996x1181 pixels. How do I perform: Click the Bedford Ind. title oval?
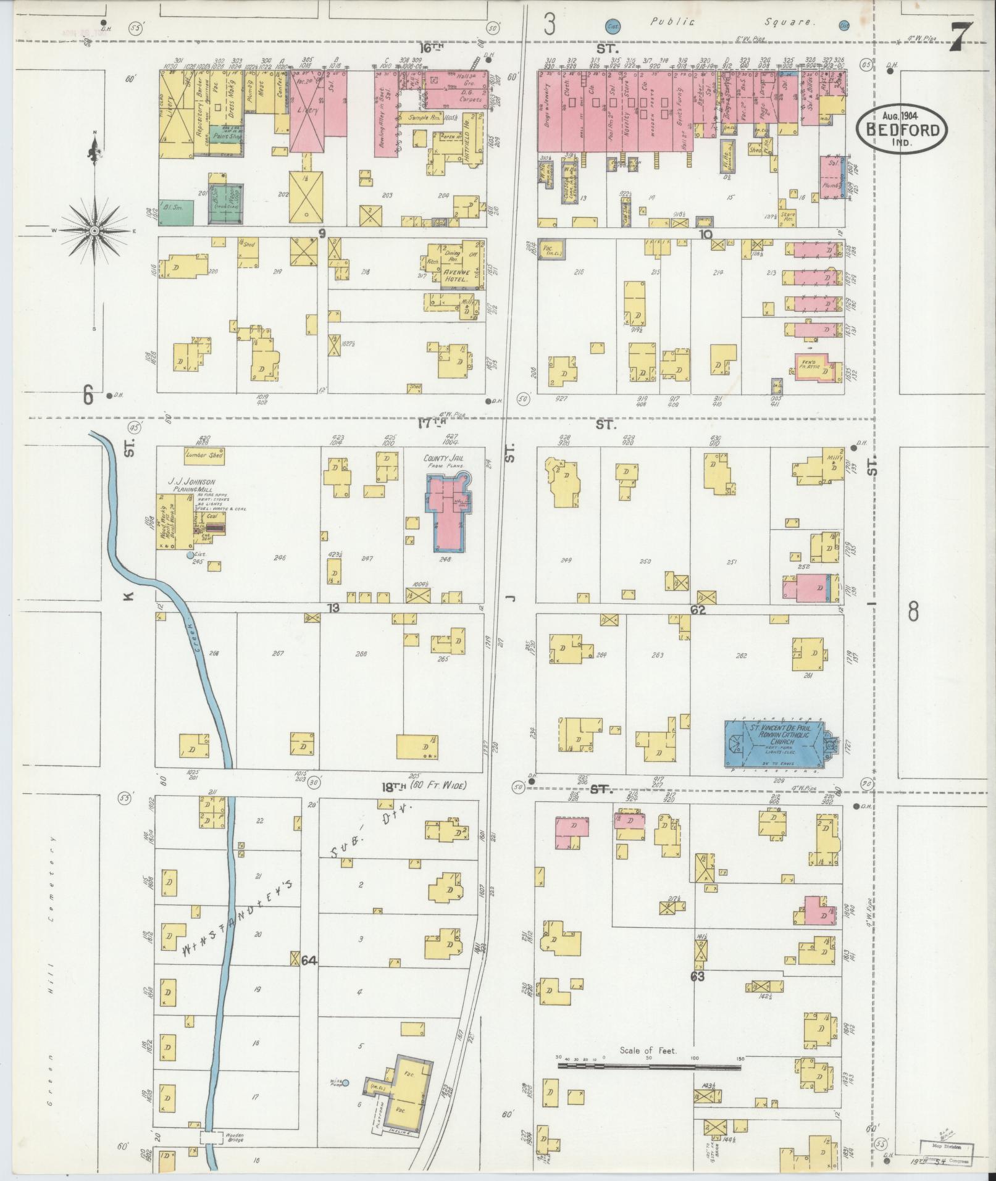[x=902, y=128]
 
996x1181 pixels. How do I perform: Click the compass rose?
[x=94, y=231]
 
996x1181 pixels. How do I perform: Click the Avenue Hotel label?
[x=456, y=275]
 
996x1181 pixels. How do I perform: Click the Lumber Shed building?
[x=204, y=456]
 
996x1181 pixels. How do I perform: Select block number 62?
[x=698, y=610]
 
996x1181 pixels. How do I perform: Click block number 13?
[x=333, y=609]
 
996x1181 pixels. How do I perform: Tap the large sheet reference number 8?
[x=913, y=612]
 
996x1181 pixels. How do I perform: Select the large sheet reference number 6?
[x=88, y=395]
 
